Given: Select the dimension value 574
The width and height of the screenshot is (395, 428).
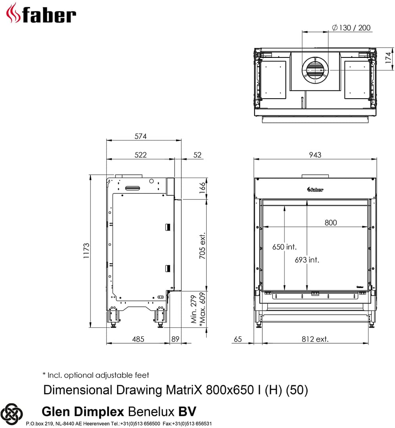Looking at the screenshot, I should tap(140, 136).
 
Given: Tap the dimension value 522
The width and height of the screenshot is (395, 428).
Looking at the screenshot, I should tap(140, 155).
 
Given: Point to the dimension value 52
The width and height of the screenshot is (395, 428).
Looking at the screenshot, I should tap(197, 155).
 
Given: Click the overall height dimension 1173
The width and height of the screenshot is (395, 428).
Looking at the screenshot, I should tap(86, 251).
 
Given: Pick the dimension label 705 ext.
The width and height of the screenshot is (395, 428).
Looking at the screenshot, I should tap(202, 245).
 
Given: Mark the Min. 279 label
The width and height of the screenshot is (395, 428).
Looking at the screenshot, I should tap(194, 309).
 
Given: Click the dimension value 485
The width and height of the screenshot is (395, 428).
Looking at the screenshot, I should tap(138, 339).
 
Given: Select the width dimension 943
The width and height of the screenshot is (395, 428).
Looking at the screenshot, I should tap(315, 155).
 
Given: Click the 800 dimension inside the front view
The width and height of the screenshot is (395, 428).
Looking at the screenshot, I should tap(330, 223).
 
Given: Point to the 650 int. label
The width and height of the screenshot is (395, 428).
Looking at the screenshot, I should tap(284, 247).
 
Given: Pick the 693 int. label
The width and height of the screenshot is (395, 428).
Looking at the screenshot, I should tap(307, 260).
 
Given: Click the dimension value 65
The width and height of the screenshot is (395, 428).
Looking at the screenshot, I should tap(238, 339).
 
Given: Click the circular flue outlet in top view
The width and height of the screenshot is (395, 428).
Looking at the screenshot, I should tap(316, 70).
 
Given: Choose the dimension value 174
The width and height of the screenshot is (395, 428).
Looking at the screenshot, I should tap(389, 58).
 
